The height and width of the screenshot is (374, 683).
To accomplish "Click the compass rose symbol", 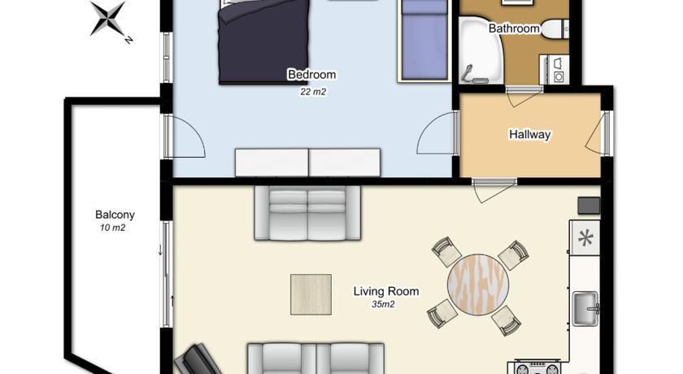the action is [x=108, y=18].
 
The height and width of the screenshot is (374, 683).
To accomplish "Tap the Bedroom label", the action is [x=312, y=75].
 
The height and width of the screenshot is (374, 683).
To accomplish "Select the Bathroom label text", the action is [x=514, y=28].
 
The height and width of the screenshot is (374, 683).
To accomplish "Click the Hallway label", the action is [x=529, y=134].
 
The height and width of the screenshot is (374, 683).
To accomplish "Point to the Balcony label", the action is [x=115, y=215].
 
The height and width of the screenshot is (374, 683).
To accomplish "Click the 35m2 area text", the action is [x=383, y=304].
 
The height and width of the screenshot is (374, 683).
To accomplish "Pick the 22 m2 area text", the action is [x=313, y=92].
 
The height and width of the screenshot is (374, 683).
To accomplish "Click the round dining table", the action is [x=478, y=285].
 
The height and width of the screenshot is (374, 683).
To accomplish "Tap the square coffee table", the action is [x=311, y=294].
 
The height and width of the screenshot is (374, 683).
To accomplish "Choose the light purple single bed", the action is [x=424, y=41].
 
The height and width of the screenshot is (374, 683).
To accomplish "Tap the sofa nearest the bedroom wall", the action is [x=307, y=213].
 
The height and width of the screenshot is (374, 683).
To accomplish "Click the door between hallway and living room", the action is [x=494, y=191].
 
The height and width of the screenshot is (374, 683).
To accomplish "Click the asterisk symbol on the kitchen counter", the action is [x=586, y=238].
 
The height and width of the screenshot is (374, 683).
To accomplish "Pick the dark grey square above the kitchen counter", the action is [x=589, y=206].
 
